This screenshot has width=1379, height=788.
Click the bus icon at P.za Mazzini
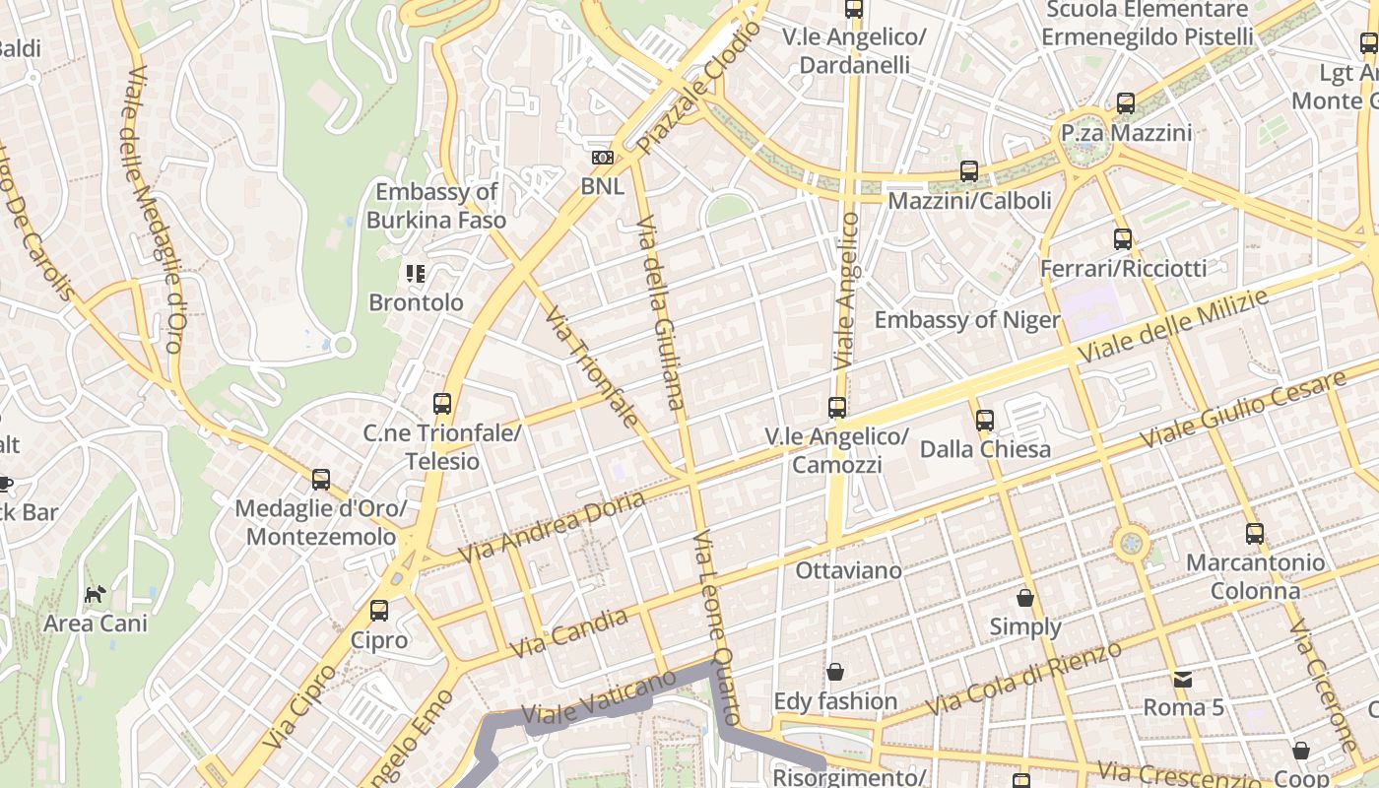[x=1126, y=103]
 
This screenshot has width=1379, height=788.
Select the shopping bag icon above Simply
[x=1025, y=598]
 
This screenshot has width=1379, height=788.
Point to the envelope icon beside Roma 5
[x=1182, y=679]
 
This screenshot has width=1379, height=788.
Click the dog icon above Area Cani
[x=95, y=594]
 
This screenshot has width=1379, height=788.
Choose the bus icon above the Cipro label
[x=379, y=611]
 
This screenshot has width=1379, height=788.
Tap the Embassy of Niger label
[x=967, y=320]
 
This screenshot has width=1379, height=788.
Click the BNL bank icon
[x=602, y=158]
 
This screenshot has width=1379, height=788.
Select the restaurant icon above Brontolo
[x=416, y=273]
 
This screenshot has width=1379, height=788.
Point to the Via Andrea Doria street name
[x=552, y=526]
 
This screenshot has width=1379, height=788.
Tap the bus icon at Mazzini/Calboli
[x=969, y=171]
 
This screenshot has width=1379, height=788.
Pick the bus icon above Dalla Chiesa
[x=985, y=421]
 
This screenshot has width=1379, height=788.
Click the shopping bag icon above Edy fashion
[x=835, y=672]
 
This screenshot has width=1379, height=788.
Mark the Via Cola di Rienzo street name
[x=1024, y=678]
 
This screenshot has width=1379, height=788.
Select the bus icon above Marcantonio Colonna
[x=1255, y=534]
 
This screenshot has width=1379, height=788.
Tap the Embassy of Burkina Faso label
[x=436, y=206]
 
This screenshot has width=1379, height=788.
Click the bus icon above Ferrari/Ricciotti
[x=1123, y=238]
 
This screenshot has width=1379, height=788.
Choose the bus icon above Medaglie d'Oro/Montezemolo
[x=321, y=480]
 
